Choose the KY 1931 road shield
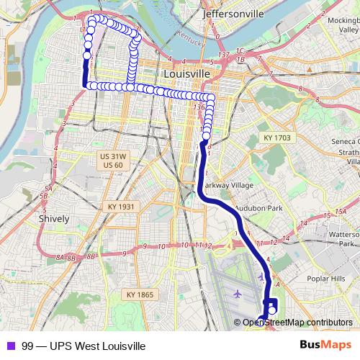pos(122,207)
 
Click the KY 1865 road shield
pos(140,294)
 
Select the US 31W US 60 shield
pos(114,161)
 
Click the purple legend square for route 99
pos(10,346)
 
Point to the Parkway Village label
pos(226,184)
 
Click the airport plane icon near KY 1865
pos(238,294)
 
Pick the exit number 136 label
pos(199,107)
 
